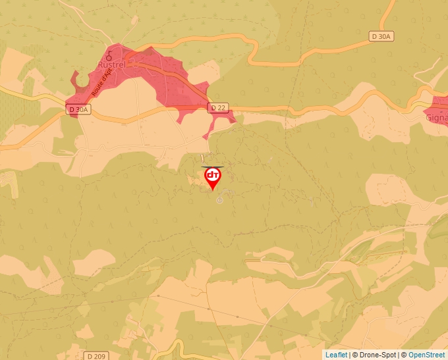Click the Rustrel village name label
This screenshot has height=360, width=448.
tap(111, 64)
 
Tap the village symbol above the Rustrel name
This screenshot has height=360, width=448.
tap(109, 56)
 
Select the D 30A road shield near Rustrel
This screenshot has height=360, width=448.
tap(76, 109)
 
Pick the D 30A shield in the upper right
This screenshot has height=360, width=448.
tap(381, 37)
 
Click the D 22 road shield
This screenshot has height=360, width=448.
tap(217, 107)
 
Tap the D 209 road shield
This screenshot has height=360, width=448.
tap(96, 356)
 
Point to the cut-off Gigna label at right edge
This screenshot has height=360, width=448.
tap(437, 118)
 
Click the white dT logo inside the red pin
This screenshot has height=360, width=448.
tap(213, 175)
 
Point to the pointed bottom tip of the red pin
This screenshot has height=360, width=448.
tap(213, 190)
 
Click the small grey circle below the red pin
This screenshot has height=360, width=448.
tap(220, 199)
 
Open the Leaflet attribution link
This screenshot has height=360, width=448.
tap(336, 355)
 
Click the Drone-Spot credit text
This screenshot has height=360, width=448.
tap(375, 355)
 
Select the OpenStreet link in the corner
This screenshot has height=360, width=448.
tap(426, 355)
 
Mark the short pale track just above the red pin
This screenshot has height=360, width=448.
tap(212, 165)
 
